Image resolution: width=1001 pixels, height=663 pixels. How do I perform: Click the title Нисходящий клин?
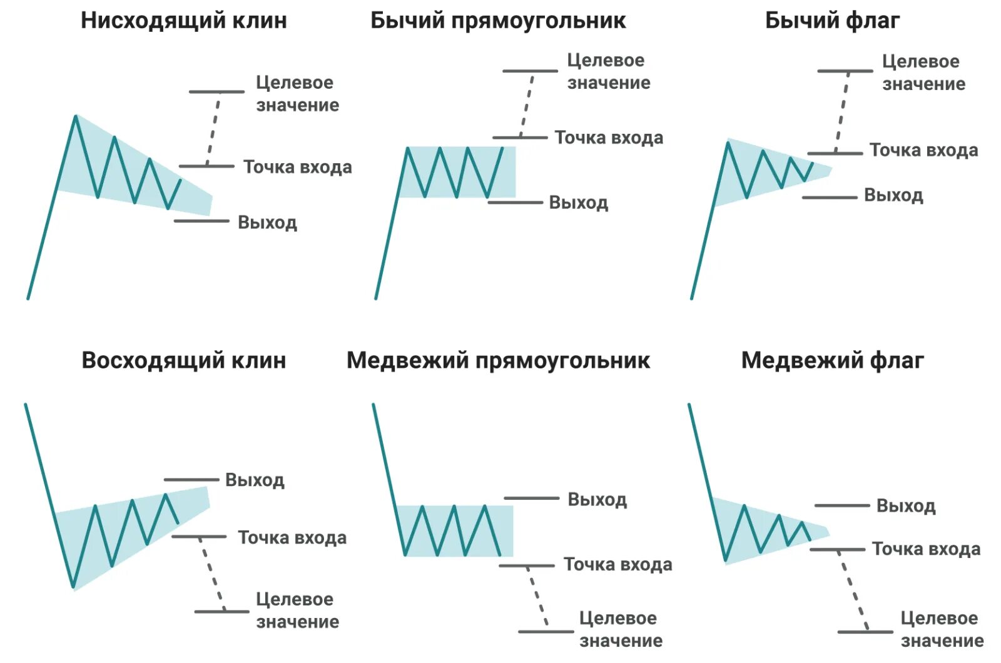tap(183, 21)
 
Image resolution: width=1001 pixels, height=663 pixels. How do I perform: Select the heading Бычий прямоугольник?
tap(497, 21)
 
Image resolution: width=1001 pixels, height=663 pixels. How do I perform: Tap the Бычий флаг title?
tap(832, 21)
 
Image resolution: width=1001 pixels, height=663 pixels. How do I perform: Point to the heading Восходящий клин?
tap(183, 361)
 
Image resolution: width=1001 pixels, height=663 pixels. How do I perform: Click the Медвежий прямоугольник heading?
tap(498, 361)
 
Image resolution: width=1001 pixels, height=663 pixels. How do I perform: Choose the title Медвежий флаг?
tap(832, 361)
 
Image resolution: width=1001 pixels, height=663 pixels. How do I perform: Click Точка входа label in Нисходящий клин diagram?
tap(297, 167)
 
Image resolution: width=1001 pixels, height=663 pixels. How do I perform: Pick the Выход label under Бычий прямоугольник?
tap(578, 203)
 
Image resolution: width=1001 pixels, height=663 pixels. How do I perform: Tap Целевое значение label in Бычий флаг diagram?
tap(923, 73)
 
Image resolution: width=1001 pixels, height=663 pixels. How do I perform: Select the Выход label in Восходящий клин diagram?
tap(255, 480)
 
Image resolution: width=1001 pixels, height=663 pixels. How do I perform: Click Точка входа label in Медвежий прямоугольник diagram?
tap(617, 565)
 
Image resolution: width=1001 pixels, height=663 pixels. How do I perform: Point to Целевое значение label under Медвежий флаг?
tap(942, 629)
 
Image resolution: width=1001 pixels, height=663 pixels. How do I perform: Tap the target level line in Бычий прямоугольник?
tap(530, 71)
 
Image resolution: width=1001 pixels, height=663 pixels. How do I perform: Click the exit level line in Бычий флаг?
tap(829, 198)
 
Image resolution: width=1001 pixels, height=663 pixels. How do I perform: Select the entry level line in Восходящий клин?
tap(198, 537)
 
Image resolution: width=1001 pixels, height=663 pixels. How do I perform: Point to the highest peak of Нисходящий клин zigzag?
tap(76, 116)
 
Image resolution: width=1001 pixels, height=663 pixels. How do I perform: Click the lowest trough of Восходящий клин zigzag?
tap(73, 587)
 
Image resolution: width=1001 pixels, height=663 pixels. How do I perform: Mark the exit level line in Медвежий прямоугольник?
tap(531, 499)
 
